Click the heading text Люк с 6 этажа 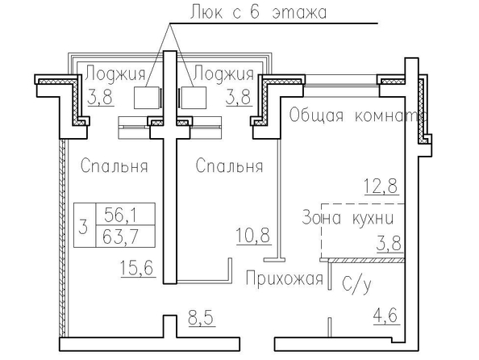tap(258, 13)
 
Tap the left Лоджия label tap(115, 74)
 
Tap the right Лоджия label tap(223, 74)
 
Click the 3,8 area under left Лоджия tap(101, 97)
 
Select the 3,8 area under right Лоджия tap(240, 97)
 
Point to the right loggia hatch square tap(194, 98)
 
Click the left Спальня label tap(115, 165)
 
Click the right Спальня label tap(229, 165)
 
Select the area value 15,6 tap(139, 268)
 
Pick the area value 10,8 tap(253, 236)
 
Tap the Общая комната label tap(357, 115)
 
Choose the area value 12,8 tap(381, 186)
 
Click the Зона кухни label tap(348, 218)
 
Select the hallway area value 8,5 tap(202, 318)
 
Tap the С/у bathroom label tap(356, 284)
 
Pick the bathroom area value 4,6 tap(386, 316)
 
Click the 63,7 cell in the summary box tap(120, 237)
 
